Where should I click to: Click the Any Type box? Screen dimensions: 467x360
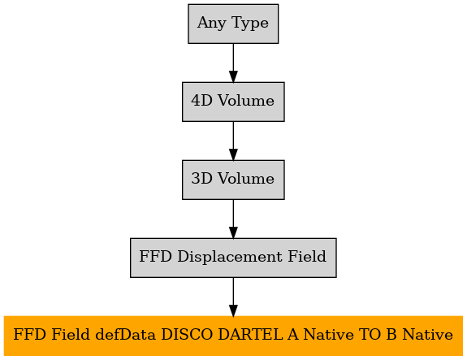coord(233,24)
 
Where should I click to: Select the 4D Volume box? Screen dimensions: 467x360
coord(233,102)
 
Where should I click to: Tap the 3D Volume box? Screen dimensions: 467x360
coord(233,180)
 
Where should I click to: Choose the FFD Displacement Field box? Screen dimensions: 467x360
coord(233,258)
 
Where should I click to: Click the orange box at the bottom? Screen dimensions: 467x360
coord(233,336)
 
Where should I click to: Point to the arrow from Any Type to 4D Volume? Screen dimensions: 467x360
coord(233,63)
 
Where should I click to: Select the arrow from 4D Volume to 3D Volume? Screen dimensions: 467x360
coord(233,141)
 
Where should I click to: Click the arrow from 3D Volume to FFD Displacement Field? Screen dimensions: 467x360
coord(233,219)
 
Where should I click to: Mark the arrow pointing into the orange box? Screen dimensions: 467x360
coord(233,297)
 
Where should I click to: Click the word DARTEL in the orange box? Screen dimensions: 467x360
coord(250,335)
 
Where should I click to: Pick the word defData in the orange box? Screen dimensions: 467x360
coord(126,335)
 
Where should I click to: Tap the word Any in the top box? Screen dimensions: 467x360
coord(211,24)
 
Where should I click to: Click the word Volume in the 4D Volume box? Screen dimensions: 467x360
coord(246,101)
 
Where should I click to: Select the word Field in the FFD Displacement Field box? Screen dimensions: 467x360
coord(307,257)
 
